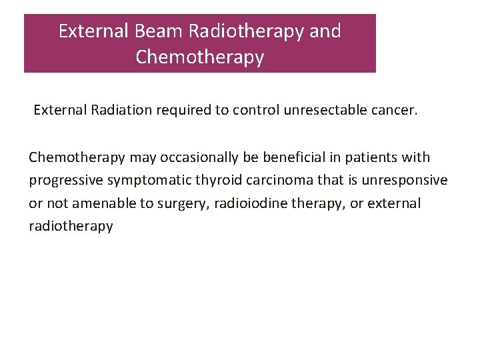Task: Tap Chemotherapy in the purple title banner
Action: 200,57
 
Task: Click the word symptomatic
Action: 142,181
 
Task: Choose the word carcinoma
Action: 262,181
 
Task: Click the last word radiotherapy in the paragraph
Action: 71,227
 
